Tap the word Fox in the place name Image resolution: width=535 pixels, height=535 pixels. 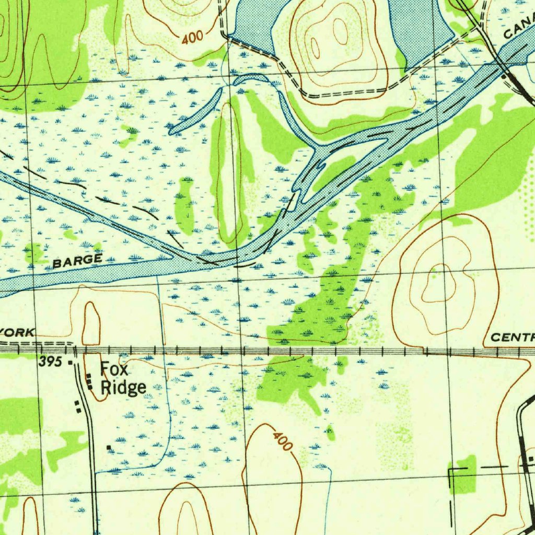point(111,369)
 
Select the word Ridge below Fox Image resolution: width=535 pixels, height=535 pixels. point(123,387)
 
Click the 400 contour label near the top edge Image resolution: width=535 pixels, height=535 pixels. point(193,38)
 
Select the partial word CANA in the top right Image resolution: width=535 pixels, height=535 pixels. point(520,29)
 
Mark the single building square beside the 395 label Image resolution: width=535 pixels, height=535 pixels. point(71,362)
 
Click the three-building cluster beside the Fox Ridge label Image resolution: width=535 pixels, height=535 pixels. point(89,381)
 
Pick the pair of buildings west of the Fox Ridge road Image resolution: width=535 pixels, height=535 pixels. point(78,407)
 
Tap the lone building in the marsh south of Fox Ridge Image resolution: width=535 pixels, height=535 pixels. point(109,448)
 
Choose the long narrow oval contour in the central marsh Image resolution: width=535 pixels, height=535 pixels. point(229,172)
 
